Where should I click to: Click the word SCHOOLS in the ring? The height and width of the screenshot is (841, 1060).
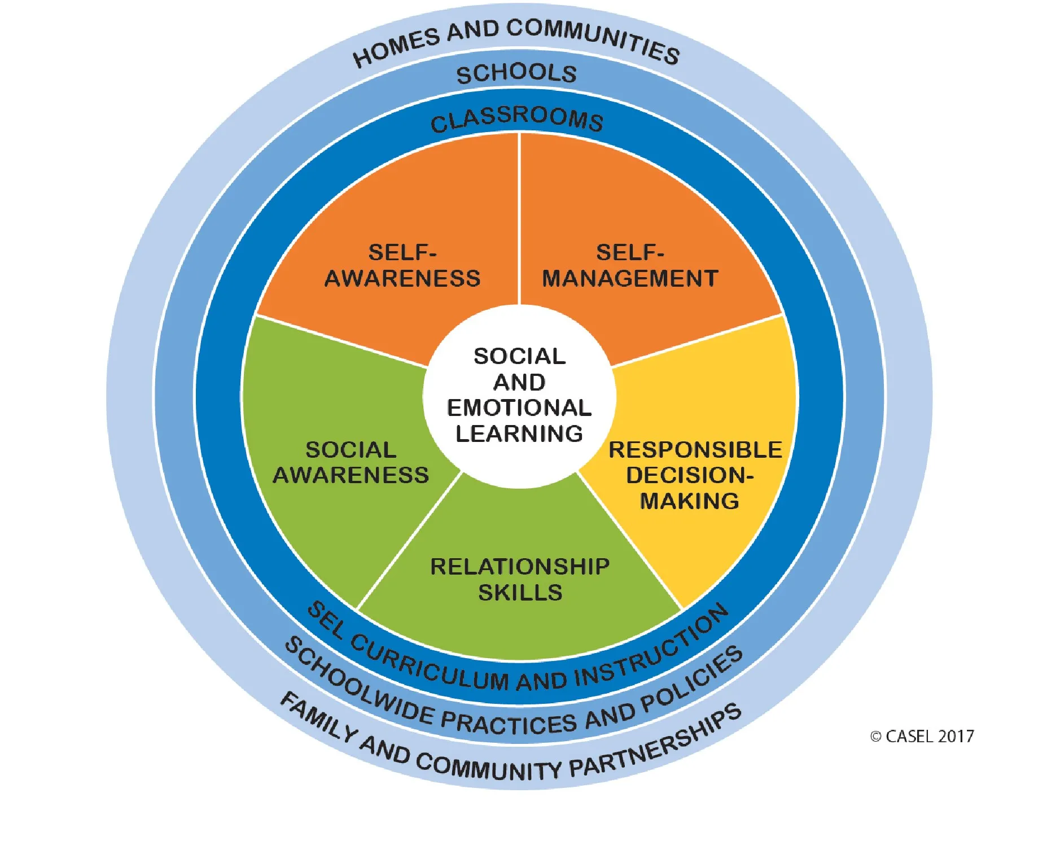[x=516, y=74]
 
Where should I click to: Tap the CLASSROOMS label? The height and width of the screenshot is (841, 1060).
[x=516, y=119]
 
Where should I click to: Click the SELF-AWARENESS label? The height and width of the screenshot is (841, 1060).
[x=402, y=265]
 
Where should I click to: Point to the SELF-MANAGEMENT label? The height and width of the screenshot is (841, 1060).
[x=630, y=265]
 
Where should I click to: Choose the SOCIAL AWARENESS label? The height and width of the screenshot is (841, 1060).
[x=351, y=462]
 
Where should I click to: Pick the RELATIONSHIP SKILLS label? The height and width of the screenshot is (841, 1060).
[x=520, y=579]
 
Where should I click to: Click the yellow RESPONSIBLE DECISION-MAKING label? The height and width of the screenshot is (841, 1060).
[x=694, y=475]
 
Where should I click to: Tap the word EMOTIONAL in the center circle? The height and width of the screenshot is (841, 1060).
[x=519, y=408]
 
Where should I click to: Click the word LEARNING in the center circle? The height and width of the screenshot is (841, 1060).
[x=519, y=433]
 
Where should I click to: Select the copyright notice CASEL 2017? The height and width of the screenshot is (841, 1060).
[x=929, y=737]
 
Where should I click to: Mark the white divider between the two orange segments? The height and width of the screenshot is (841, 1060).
[x=519, y=220]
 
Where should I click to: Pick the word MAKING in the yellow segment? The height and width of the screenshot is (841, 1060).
[x=689, y=501]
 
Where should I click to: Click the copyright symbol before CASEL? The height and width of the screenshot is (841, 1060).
[x=875, y=737]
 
